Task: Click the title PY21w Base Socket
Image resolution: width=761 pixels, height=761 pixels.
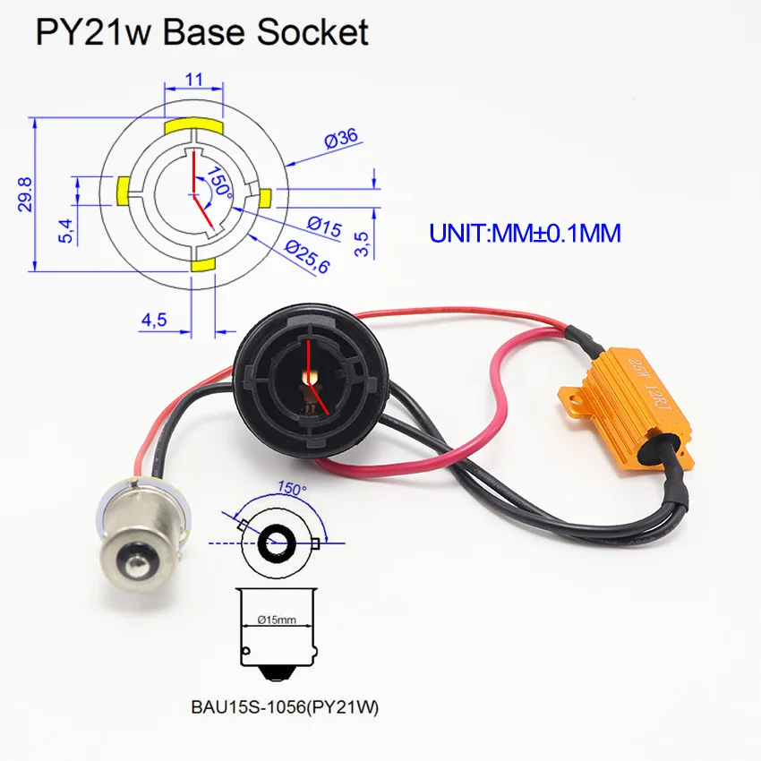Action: point(201,32)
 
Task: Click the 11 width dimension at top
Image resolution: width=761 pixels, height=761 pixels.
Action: point(192,80)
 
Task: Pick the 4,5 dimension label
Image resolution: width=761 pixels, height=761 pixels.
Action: point(153,320)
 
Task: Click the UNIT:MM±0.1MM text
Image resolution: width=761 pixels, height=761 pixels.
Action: point(525,233)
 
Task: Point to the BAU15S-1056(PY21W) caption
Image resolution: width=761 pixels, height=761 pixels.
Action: point(285,707)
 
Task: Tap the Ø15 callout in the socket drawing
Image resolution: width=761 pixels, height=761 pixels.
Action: point(324,227)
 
